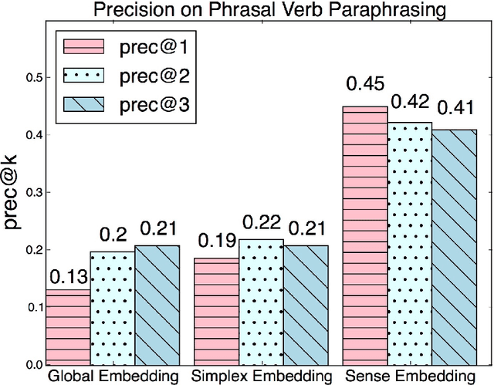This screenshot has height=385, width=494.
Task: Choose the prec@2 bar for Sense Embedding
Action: [x=410, y=244]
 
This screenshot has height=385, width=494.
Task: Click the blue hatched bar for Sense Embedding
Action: [x=455, y=248]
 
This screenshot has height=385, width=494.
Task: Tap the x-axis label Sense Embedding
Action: [x=410, y=376]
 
